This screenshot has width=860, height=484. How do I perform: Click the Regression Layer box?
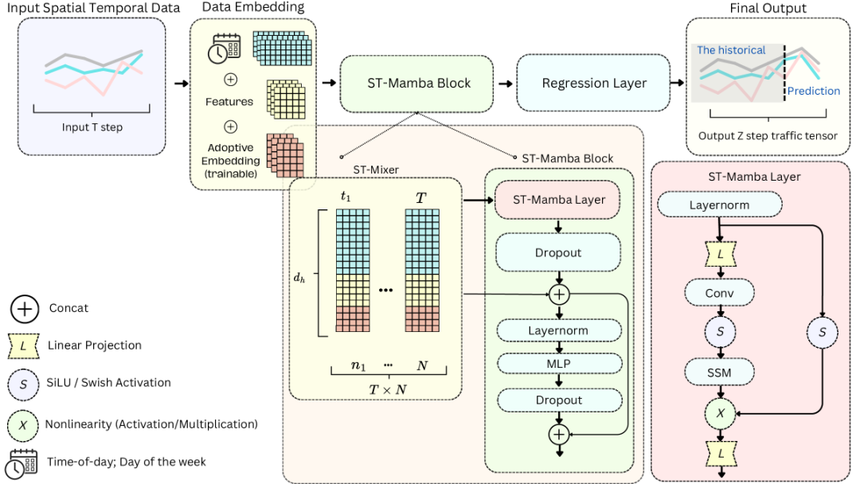(x=594, y=83)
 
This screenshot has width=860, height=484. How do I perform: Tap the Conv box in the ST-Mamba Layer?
(x=719, y=293)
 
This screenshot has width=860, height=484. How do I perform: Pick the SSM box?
(x=719, y=371)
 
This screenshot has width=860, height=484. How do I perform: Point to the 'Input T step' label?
(x=92, y=127)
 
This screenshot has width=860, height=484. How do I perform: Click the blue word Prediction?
(x=814, y=92)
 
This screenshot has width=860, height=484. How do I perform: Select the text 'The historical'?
(x=731, y=50)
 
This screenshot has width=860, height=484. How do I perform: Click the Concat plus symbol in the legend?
(x=24, y=308)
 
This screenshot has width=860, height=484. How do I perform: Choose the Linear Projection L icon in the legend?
(x=24, y=345)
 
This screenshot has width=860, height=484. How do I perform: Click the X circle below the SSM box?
(x=719, y=414)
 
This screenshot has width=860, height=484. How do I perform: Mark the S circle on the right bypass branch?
(x=821, y=331)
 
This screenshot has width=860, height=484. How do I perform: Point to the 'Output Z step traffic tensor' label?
(x=768, y=136)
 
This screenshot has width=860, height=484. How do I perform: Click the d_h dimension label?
(x=299, y=279)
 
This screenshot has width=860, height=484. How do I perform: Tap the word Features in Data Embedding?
(x=229, y=102)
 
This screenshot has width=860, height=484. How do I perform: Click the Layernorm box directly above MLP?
(x=558, y=330)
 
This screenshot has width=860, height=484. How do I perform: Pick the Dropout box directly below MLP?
(x=558, y=400)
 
